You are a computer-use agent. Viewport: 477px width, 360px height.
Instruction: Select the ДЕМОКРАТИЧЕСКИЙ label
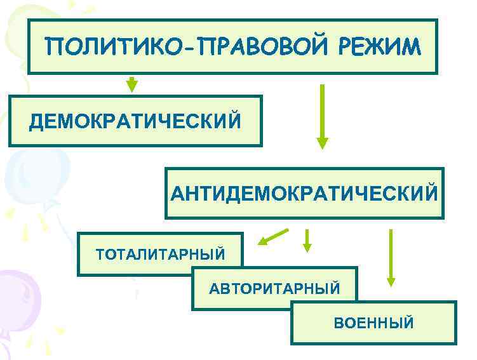pyautogui.click(x=135, y=121)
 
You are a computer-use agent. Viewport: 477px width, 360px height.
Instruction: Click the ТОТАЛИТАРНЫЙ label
pyautogui.click(x=160, y=255)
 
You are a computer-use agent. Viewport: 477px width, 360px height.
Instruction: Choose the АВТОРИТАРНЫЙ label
pyautogui.click(x=274, y=289)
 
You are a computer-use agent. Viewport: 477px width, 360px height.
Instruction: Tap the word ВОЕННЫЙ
pyautogui.click(x=373, y=323)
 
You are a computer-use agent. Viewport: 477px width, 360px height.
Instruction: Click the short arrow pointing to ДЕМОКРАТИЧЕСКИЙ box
pyautogui.click(x=131, y=84)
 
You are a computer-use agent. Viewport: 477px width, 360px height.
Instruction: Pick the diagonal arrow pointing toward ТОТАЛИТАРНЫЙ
pyautogui.click(x=272, y=237)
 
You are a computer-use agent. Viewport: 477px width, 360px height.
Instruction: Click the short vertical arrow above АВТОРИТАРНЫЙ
pyautogui.click(x=307, y=240)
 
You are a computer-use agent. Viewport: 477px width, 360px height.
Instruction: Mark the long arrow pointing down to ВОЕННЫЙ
pyautogui.click(x=391, y=257)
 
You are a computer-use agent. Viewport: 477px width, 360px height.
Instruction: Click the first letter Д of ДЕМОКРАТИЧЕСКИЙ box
pyautogui.click(x=35, y=121)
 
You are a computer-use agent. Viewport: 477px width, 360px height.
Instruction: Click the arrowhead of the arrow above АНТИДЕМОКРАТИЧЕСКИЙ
pyautogui.click(x=323, y=143)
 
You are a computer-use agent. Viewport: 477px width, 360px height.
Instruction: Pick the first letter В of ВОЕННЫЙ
pyautogui.click(x=339, y=323)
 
